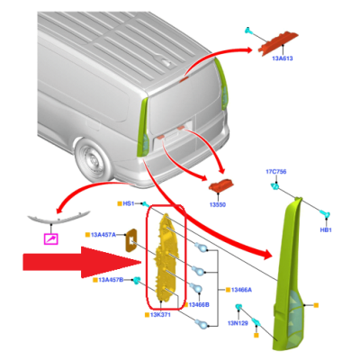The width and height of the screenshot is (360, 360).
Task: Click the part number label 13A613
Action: point(283,58)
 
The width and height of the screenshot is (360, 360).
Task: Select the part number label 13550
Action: point(218,205)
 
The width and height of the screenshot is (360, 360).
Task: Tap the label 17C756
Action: point(276,172)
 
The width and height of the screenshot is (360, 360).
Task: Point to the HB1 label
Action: point(326,230)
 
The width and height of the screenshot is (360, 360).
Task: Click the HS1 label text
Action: point(129,203)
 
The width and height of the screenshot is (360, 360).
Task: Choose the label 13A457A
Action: point(103,235)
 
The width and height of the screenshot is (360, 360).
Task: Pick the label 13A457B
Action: point(111,280)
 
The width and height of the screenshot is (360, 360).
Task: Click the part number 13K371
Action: point(160,315)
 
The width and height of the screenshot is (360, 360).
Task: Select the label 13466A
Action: point(241,290)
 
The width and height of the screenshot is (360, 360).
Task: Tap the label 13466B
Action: point(199,305)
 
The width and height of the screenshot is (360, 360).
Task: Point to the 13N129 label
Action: point(238,323)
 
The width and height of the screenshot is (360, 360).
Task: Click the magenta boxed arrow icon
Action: point(50,238)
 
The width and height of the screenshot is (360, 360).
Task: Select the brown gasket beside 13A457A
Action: point(130,240)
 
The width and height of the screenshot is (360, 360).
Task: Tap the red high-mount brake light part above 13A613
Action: point(278,43)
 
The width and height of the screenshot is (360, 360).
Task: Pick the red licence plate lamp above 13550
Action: point(221,186)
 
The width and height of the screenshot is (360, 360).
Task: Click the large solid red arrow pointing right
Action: point(82,262)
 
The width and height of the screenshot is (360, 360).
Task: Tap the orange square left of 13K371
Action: point(147,315)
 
